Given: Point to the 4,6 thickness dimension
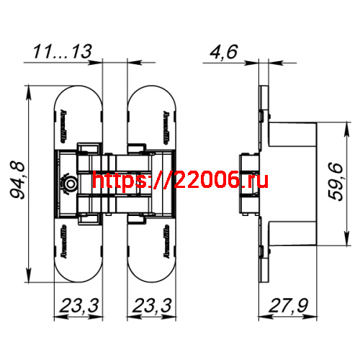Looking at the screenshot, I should [222, 51].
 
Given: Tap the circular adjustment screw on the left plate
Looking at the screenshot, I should [69, 184].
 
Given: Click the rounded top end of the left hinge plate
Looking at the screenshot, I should [80, 97].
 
